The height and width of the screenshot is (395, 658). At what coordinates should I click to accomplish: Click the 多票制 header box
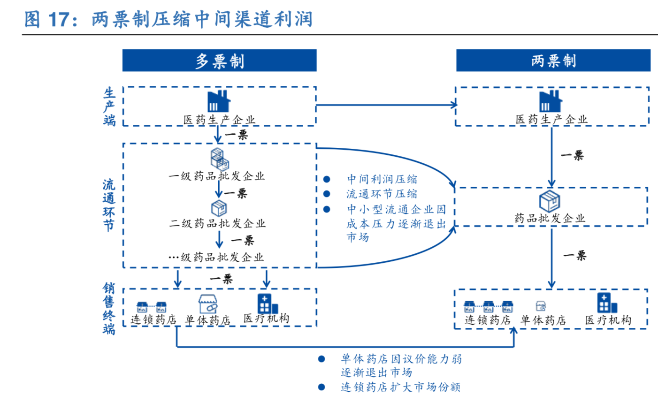point(219,61)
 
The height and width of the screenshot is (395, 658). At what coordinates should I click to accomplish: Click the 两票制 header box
point(553,61)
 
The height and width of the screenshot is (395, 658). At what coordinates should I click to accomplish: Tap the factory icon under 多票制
point(219,101)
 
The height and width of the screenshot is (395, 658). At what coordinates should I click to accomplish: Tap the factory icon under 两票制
point(551,101)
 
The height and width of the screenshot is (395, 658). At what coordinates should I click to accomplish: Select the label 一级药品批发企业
point(217,176)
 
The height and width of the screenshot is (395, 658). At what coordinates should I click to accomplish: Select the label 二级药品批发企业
point(217,223)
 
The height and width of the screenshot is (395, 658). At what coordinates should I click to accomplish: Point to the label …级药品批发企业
point(216,257)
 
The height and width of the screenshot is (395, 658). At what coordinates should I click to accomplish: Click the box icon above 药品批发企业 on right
point(549,201)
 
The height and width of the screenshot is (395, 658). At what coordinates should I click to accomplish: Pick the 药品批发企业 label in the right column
point(550,218)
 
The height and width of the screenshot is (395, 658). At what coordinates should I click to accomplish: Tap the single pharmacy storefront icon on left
point(208,304)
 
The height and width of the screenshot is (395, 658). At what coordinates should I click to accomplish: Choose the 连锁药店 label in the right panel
point(487,320)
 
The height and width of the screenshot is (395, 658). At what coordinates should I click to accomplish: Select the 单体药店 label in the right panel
point(543,320)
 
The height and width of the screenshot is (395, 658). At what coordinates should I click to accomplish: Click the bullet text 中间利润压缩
point(382,179)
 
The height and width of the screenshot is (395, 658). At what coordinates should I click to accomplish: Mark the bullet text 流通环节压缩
point(382,194)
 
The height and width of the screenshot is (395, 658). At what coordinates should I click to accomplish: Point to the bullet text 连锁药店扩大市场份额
point(400,387)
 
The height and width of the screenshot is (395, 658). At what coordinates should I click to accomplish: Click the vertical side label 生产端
point(109,106)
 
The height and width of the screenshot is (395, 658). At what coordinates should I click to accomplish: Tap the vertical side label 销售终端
point(109,308)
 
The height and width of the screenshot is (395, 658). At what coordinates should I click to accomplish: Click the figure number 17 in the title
point(58,20)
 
